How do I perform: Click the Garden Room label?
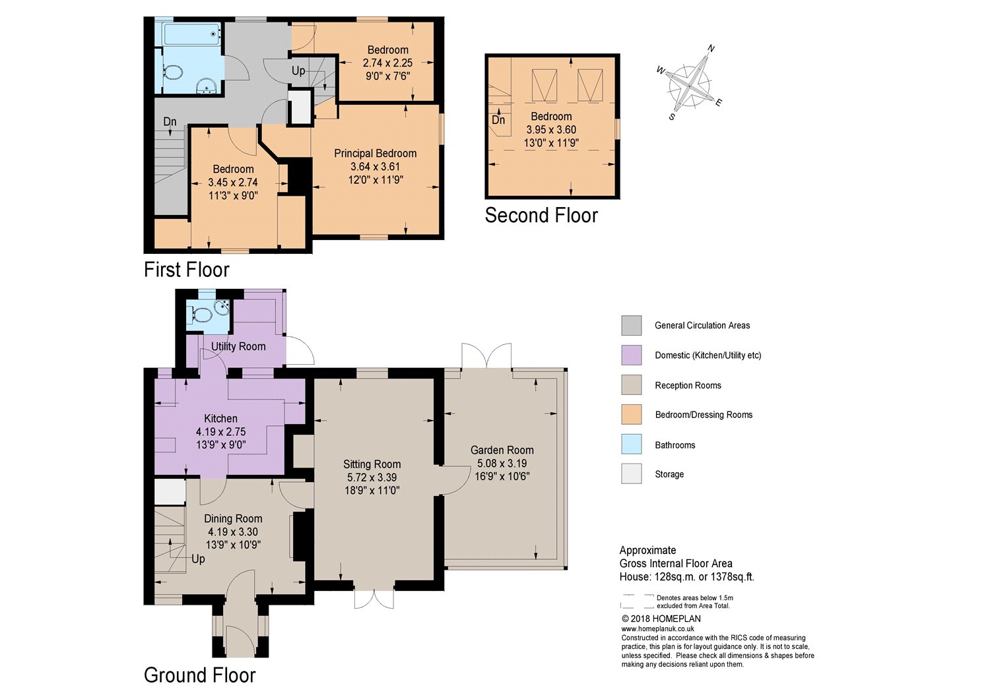pos(502,450)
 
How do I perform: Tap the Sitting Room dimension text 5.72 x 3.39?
pos(372,477)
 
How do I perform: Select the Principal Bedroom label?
pos(376,153)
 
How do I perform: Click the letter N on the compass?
pos(711,48)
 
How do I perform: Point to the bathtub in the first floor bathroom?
pos(192,34)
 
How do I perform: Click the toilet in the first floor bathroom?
pos(172,72)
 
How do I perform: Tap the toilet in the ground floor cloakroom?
pos(201,315)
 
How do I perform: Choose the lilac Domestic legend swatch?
pos(631,355)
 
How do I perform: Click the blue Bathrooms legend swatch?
pos(631,444)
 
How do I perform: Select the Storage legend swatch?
pos(631,473)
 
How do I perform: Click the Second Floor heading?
pos(541,215)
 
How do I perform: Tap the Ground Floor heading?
pos(200,675)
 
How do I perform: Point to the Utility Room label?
pos(238,346)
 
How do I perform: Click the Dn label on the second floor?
pos(498,119)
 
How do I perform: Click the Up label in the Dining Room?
pos(198,559)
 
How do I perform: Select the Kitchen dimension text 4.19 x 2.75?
pos(220,431)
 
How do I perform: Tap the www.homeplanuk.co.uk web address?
pos(657,629)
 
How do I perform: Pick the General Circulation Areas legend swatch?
pos(631,326)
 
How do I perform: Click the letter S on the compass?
pos(672,117)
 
